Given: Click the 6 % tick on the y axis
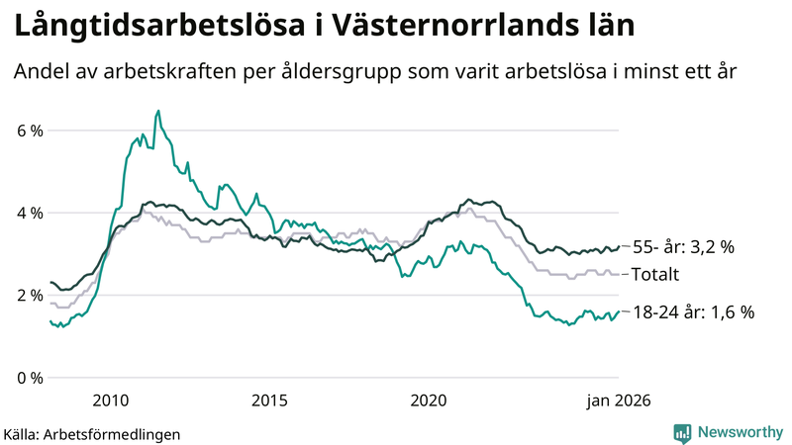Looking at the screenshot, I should coord(29,131).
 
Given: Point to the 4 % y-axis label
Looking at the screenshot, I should coord(29,213).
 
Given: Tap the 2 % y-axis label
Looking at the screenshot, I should coord(29,295).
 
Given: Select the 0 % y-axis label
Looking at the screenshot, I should coord(29,378).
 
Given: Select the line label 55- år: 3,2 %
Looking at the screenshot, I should coord(683,247).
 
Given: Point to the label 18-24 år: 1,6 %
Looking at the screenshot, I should coord(693,311).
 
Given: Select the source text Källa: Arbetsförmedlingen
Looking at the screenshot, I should coord(92,433).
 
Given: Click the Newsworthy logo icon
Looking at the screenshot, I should coord(682,432).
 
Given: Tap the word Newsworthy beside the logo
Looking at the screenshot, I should coord(740,432).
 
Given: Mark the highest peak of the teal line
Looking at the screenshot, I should coord(158,111).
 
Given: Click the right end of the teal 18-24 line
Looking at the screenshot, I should coord(620,311).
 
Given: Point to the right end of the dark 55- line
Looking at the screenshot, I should coord(620,246).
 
